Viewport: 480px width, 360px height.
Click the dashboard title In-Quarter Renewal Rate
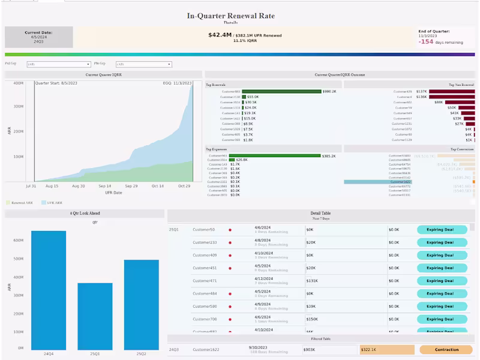click(230, 16)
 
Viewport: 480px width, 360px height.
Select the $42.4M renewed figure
click(220, 35)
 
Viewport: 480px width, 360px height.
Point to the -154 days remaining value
click(427, 41)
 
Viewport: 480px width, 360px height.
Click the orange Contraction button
click(446, 349)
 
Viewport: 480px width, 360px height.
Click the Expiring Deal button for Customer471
click(442, 281)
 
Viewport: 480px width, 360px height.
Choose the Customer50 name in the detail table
click(203, 229)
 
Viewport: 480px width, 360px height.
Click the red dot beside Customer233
click(229, 242)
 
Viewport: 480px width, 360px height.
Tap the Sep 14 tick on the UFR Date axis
click(104, 186)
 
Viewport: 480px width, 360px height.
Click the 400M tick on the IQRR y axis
click(18, 83)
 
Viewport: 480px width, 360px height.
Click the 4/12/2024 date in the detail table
click(264, 278)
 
